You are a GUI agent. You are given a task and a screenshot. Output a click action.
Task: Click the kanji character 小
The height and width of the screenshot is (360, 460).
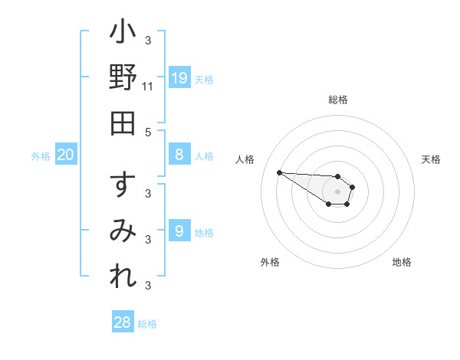point(123,34)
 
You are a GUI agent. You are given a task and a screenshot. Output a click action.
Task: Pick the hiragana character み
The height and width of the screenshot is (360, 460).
point(123,231)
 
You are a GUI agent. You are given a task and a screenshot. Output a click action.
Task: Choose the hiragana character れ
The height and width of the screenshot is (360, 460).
point(123,274)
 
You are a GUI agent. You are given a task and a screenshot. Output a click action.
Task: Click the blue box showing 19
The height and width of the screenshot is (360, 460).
point(179,77)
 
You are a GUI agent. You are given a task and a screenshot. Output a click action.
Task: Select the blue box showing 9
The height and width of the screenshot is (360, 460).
point(179,231)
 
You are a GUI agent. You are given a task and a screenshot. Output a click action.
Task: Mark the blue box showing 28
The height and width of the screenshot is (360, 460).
point(123,322)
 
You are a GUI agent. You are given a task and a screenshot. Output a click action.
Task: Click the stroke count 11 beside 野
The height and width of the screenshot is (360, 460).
point(148,87)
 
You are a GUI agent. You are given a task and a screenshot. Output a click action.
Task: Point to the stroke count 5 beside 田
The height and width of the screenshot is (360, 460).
point(148,132)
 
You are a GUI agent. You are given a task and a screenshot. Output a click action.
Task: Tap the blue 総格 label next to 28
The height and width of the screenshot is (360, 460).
point(147,324)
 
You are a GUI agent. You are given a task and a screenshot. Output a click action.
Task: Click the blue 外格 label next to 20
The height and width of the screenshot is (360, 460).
point(41,156)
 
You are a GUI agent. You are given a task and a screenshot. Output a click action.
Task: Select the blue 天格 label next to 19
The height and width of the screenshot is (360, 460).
point(204,79)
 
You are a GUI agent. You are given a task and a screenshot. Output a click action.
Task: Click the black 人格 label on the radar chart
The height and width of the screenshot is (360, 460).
point(245,159)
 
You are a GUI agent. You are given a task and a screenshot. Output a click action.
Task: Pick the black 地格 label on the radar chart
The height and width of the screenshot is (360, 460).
point(402,263)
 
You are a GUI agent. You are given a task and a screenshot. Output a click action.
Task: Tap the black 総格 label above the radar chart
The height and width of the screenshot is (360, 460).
point(338,100)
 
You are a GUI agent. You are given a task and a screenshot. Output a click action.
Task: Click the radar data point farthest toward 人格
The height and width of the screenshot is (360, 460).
point(279,172)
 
